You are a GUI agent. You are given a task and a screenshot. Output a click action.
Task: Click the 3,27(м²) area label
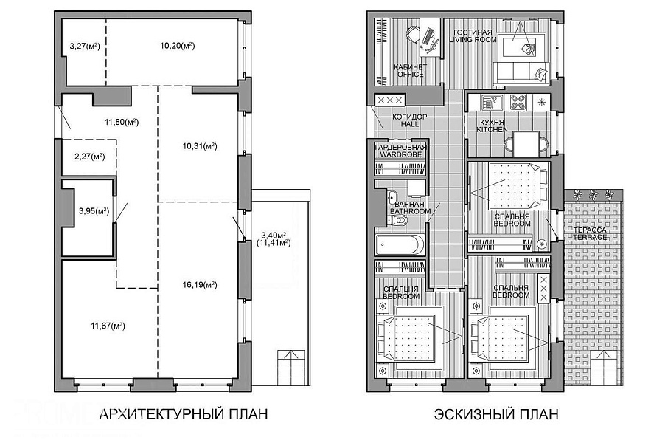point(85,46)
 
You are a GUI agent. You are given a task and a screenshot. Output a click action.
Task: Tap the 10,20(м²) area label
point(178,45)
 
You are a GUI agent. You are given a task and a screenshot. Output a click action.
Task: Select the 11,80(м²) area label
point(122,122)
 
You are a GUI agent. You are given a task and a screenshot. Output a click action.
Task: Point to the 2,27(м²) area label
point(89,157)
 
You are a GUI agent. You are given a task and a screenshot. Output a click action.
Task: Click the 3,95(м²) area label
point(94,210)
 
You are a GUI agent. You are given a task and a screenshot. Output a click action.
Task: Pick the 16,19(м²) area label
point(200,285)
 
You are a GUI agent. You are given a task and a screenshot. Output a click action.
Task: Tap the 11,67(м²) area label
point(108,326)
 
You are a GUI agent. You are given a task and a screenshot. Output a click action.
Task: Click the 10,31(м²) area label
point(200,146)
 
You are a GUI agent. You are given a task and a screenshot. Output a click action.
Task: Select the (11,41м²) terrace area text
point(274,243)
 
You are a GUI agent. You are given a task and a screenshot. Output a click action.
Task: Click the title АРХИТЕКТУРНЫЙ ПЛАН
point(184,414)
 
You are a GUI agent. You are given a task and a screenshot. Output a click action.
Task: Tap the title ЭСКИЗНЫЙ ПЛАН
point(496,414)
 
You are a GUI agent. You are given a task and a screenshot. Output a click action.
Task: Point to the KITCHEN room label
point(492,129)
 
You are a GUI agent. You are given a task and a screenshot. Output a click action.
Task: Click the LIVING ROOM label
point(473,39)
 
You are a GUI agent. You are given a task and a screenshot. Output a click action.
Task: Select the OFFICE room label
point(410,74)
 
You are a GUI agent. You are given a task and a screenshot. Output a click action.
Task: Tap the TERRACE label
point(590,237)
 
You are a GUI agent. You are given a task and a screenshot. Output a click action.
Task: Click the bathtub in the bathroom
point(400,244)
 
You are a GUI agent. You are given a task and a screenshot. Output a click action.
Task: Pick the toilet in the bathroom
point(399,221)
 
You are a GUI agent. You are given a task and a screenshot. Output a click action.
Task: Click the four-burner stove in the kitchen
point(518,103)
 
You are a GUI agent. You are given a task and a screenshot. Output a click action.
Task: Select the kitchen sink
point(492,103)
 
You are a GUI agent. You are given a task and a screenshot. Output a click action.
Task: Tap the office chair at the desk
point(412,33)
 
